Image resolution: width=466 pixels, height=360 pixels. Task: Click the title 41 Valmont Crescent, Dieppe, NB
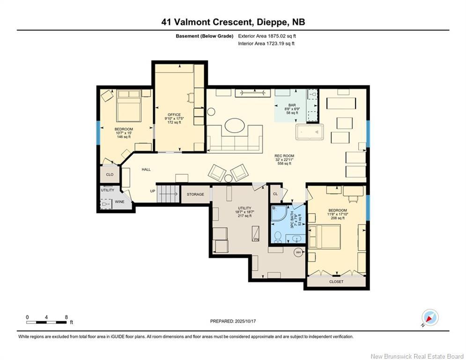coord(233,22)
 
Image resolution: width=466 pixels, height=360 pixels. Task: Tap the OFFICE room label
coord(174,115)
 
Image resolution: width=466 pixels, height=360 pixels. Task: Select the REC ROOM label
coord(285,156)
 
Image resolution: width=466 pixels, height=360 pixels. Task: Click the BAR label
coord(292,105)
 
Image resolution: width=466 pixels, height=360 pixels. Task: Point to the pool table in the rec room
coord(311,132)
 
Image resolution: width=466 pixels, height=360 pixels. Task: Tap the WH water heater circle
coord(298,252)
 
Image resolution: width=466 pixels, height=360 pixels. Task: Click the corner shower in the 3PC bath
coord(280,214)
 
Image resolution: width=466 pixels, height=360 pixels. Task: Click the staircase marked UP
coord(167,193)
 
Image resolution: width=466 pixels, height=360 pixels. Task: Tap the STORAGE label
coord(195,194)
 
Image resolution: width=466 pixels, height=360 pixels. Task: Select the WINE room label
coord(120,202)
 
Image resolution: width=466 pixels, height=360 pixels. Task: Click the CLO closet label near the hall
coord(110,174)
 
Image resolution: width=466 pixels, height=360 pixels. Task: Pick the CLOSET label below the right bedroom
coord(336,282)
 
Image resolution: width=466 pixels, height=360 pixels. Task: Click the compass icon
coord(429,317)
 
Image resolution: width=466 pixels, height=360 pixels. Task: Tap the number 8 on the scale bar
coord(67,317)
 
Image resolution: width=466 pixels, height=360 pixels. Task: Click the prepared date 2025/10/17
coord(233,321)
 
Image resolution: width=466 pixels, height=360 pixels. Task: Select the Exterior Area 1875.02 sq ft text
coord(267,36)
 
